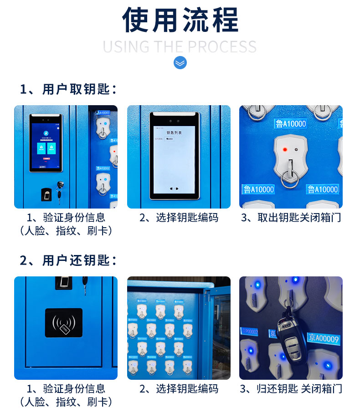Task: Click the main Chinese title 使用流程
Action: (180, 20)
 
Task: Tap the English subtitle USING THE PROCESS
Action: (180, 46)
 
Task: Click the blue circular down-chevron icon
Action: (180, 62)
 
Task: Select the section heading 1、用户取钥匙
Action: (68, 89)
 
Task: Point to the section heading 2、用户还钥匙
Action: (68, 260)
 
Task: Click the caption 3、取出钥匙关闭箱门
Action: (291, 218)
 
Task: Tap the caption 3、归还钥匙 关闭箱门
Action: (291, 389)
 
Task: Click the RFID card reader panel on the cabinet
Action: (64, 322)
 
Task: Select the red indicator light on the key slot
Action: (285, 149)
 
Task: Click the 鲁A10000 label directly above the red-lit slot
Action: (291, 123)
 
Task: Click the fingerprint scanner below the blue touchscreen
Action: (46, 194)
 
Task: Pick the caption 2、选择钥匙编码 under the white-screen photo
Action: (179, 218)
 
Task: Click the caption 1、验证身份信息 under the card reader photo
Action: (66, 389)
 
